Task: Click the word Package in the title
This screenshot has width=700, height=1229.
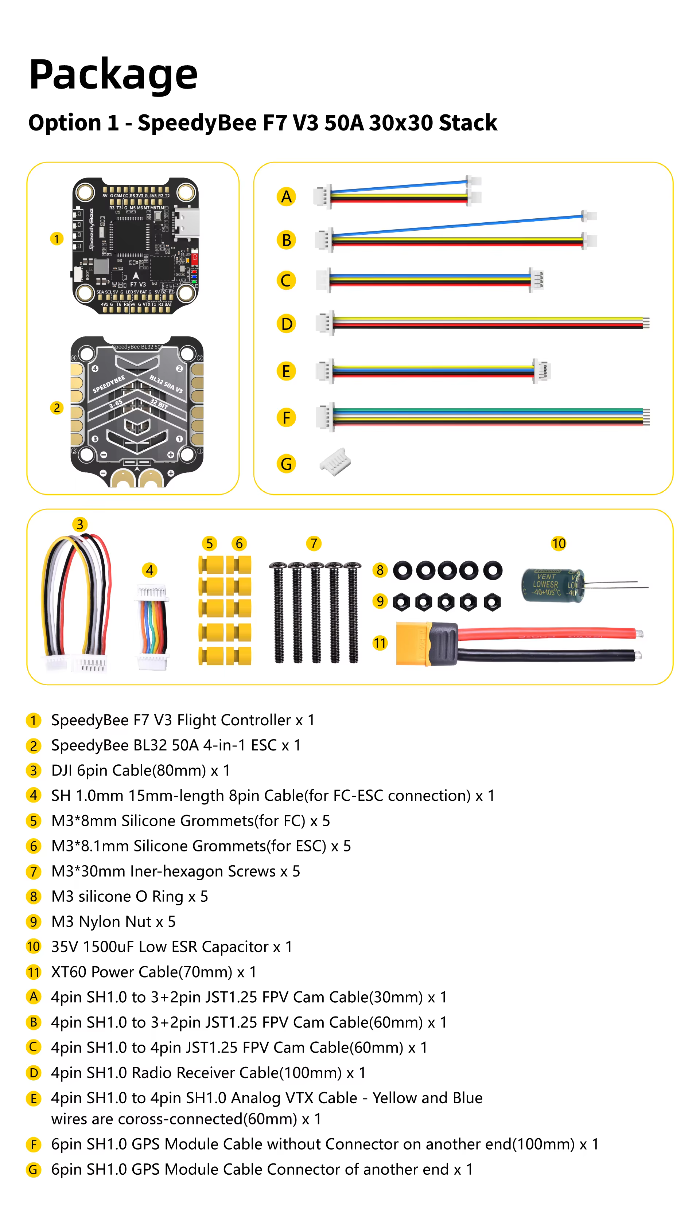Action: pos(113,74)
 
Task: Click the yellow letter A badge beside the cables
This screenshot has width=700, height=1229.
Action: pos(286,196)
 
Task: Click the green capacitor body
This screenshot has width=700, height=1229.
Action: pos(552,585)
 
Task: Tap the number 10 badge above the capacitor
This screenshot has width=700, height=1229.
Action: pos(558,543)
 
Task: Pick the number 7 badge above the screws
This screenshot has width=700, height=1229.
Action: pos(314,543)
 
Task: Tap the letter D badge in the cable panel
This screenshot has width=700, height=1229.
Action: pos(286,324)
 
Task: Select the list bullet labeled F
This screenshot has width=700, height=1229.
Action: pos(33,1144)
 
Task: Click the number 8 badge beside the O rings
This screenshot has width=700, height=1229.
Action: pos(380,570)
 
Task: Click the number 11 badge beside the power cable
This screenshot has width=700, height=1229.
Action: pos(380,643)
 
